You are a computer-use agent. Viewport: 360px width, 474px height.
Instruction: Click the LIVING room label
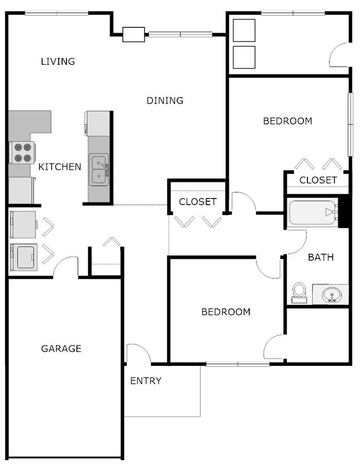(58, 61)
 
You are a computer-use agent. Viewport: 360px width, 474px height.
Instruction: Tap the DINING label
(164, 100)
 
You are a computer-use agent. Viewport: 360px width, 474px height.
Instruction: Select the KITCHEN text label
(59, 166)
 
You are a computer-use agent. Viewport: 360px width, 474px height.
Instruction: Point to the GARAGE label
(61, 349)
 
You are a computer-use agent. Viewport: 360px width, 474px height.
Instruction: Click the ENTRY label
(146, 381)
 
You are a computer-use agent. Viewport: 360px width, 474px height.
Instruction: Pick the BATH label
(321, 257)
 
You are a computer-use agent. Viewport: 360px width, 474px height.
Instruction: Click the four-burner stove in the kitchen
(22, 153)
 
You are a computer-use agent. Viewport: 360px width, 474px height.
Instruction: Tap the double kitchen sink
(99, 170)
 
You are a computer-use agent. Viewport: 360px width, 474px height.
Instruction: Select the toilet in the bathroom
(300, 293)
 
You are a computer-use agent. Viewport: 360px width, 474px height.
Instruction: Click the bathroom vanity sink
(331, 294)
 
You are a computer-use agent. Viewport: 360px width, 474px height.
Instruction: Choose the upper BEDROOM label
(287, 121)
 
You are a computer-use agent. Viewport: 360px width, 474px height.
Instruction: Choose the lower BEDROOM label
(225, 312)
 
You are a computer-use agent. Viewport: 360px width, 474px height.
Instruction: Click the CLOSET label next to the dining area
(198, 202)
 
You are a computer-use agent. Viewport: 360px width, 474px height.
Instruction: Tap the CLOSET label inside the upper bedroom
(318, 180)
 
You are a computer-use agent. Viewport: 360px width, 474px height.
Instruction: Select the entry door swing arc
(138, 353)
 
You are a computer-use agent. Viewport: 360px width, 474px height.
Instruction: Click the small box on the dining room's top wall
(133, 34)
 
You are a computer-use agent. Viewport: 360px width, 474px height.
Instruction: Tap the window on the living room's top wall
(56, 13)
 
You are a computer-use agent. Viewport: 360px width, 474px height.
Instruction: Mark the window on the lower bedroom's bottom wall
(238, 364)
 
